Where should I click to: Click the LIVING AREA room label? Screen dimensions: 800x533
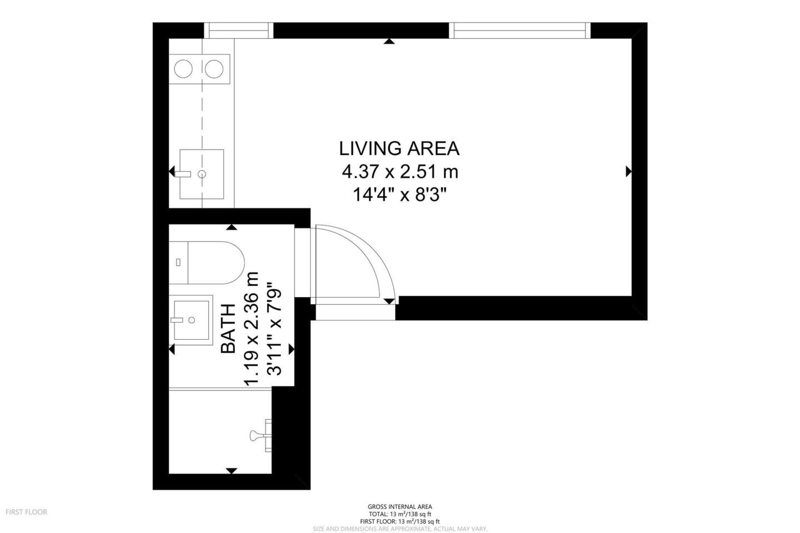[399, 148]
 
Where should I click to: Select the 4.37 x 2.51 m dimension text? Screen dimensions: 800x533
[400, 172]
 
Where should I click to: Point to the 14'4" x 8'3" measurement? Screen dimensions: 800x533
[400, 195]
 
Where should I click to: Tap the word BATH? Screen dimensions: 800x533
[228, 329]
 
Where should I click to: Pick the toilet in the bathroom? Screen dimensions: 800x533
[207, 263]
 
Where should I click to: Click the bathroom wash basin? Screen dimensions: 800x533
[191, 320]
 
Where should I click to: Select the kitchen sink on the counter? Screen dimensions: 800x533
[202, 174]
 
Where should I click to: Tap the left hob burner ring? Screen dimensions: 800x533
[183, 69]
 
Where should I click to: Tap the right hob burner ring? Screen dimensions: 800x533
[214, 69]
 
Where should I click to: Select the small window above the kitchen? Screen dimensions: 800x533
[238, 31]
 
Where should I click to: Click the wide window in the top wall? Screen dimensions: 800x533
[519, 31]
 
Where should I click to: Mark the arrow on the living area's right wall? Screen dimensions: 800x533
[628, 172]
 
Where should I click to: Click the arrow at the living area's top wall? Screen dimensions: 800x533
[389, 42]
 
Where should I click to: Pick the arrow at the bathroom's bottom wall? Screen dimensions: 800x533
[232, 471]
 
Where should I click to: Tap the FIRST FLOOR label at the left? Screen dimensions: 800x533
[27, 512]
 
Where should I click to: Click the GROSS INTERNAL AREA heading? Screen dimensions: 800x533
[400, 506]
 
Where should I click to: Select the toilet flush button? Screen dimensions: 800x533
[178, 263]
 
